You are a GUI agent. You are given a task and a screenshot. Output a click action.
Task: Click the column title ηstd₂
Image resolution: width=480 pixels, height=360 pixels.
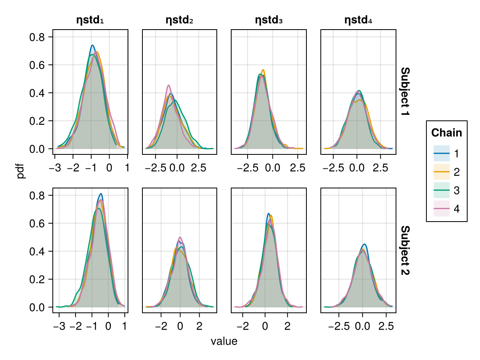[180, 20]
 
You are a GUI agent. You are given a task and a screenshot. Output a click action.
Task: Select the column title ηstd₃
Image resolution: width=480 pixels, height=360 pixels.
[269, 20]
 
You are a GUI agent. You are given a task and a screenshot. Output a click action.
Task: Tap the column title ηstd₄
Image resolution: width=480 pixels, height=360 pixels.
[358, 20]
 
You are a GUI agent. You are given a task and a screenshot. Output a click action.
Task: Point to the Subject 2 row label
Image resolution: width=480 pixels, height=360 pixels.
[405, 250]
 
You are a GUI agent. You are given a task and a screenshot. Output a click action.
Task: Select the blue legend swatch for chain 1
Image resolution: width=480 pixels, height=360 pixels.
[442, 153]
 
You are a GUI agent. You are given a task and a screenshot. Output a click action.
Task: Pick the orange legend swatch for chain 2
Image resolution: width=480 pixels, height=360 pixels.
[442, 172]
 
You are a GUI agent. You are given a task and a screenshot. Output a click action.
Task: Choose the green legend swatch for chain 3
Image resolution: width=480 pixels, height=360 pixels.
[442, 191]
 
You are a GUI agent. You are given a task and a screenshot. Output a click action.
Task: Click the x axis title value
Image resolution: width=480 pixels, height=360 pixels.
[224, 342]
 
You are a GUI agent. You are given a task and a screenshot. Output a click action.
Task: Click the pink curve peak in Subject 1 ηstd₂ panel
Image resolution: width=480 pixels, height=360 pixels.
[169, 85]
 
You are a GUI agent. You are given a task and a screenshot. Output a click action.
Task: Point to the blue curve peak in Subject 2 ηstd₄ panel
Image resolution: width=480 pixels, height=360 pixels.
[364, 244]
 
